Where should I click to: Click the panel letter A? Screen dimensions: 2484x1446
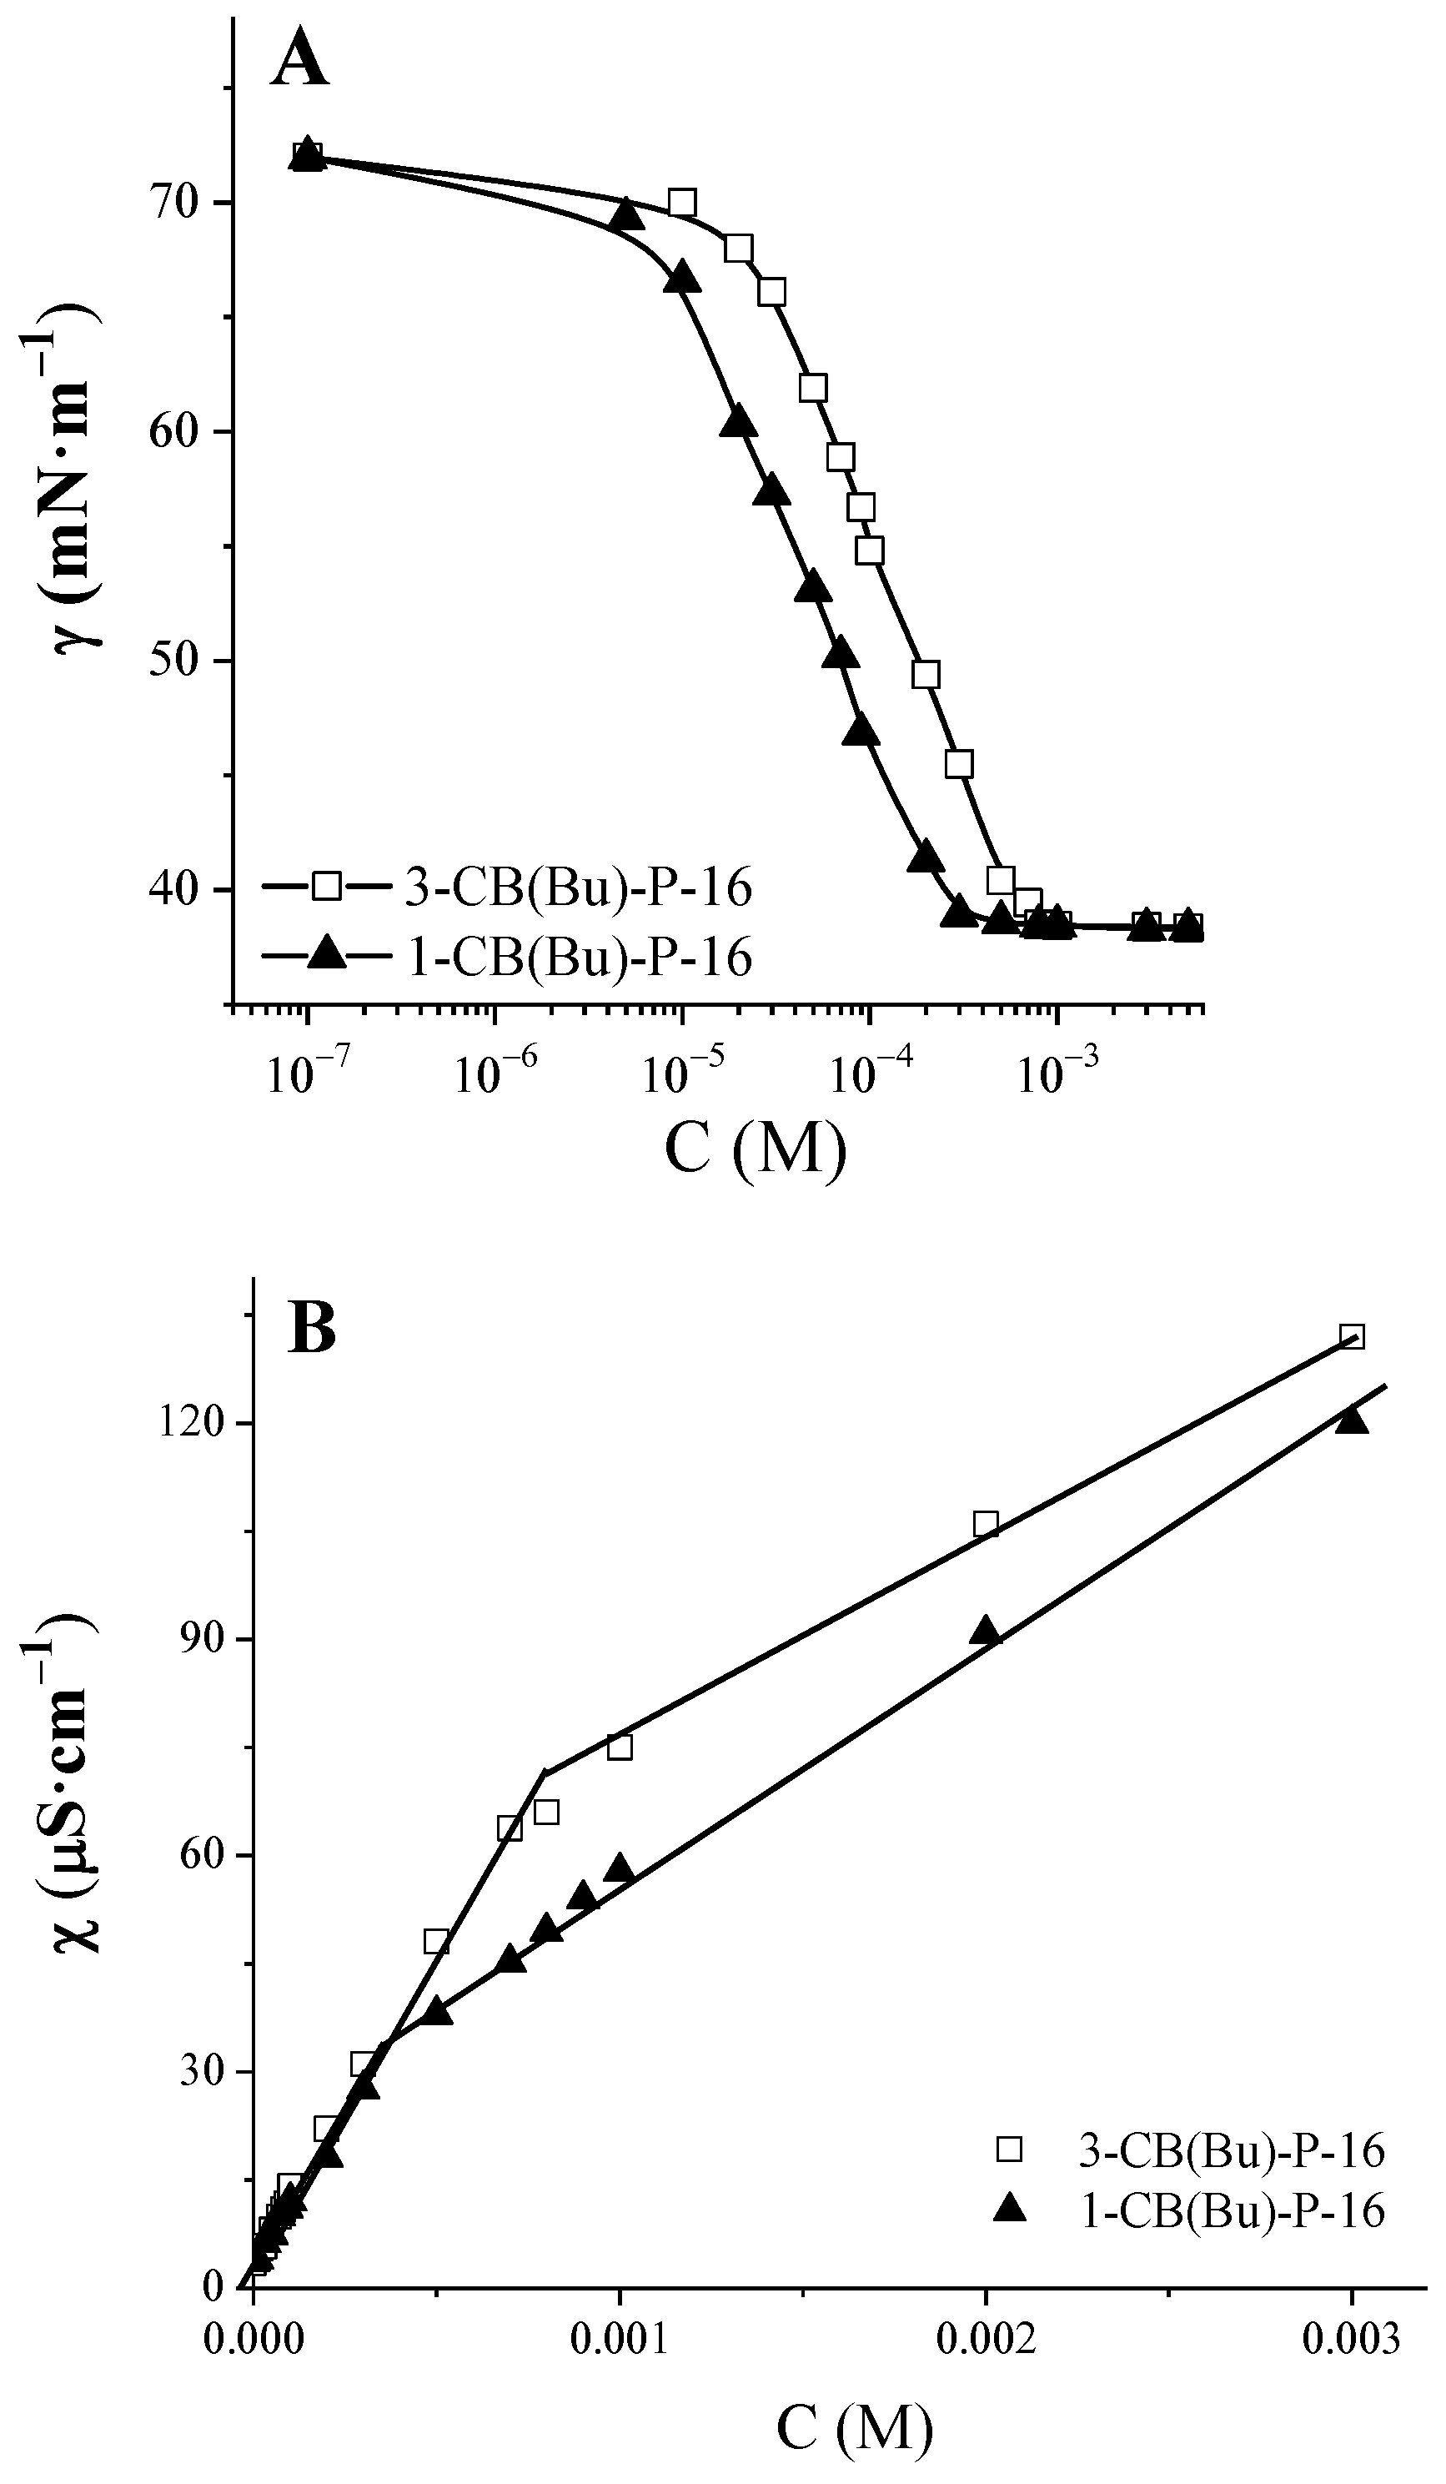tap(299, 58)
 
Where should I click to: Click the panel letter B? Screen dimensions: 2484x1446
tap(312, 1327)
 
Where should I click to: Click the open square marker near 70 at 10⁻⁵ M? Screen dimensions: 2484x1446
tap(681, 203)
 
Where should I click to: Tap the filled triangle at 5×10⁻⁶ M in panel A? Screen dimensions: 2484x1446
tap(625, 214)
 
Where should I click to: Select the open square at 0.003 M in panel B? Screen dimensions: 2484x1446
tap(1352, 1336)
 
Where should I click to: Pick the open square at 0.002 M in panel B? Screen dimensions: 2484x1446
tap(985, 1524)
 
